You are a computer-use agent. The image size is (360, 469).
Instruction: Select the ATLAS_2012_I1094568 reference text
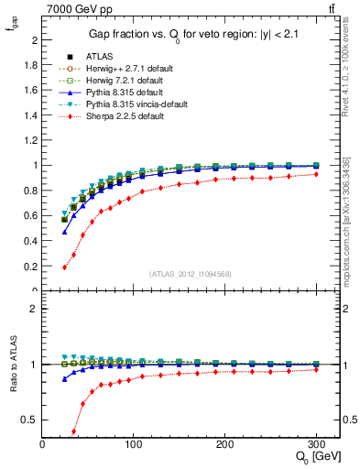190,273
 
